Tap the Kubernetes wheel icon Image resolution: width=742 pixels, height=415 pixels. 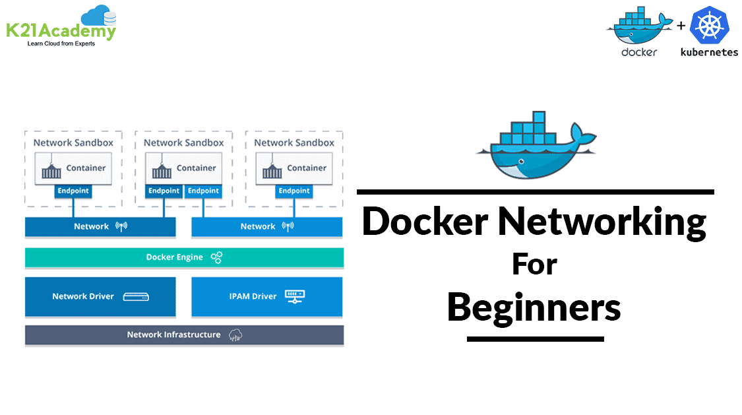pos(708,27)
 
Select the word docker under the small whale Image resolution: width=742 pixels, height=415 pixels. pos(638,52)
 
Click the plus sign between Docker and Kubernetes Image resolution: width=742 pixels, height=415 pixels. pos(680,27)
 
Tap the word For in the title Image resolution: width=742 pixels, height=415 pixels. pos(534,265)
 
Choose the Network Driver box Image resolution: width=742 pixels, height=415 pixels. pos(100,296)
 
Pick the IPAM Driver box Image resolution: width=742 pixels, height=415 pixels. pos(266,296)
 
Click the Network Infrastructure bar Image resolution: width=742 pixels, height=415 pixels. pos(184,335)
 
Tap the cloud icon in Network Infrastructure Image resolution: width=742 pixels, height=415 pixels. pos(235,335)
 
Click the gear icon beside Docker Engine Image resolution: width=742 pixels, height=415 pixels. pos(216,257)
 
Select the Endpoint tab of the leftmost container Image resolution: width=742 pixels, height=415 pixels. pos(73,191)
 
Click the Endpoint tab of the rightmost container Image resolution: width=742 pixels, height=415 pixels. pos(294,191)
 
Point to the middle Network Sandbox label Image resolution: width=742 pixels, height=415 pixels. pos(183,143)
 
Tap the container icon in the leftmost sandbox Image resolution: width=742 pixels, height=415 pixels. pos(51,170)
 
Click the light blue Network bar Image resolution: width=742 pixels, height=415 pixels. pos(266,226)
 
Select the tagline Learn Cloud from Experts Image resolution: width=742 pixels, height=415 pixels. pos(61,44)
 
